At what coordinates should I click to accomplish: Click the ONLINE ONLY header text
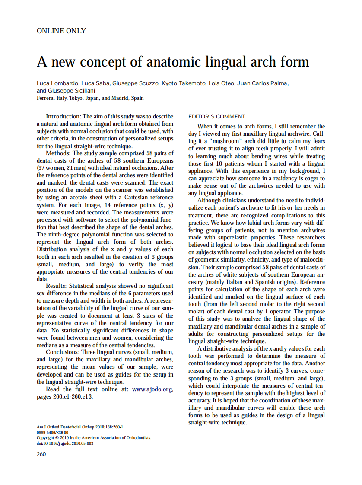pyautogui.click(x=61, y=31)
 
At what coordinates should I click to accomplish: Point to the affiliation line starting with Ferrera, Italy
pyautogui.click(x=90, y=98)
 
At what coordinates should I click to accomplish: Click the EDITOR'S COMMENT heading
pyautogui.click(x=217, y=116)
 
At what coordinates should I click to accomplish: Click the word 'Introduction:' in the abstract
pyautogui.click(x=63, y=116)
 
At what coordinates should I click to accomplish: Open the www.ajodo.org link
pyautogui.click(x=152, y=389)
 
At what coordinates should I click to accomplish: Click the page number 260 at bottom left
pyautogui.click(x=41, y=453)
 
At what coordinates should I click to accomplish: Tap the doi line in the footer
pyautogui.click(x=65, y=443)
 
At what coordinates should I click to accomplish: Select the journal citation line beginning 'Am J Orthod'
pyautogui.click(x=80, y=427)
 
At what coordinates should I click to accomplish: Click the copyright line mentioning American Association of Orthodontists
pyautogui.click(x=94, y=437)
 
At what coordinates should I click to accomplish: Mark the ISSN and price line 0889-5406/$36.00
pyautogui.click(x=52, y=432)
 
